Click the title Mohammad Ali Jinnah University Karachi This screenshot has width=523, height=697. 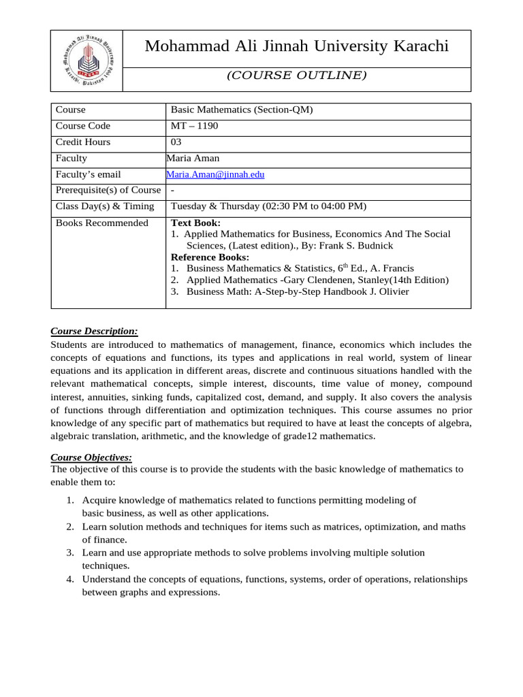coord(297,46)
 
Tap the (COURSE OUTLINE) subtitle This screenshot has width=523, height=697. coord(296,76)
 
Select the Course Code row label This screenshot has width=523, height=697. coord(82,126)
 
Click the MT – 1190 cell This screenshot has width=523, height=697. coord(194,126)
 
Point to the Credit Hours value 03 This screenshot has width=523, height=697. coord(176,142)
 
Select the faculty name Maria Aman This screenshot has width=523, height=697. coord(193,159)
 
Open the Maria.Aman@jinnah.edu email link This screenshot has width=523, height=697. coord(215,175)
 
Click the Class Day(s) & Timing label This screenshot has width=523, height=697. coord(105,207)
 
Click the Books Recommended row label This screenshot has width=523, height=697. coord(101,223)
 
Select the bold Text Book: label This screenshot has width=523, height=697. coord(195,223)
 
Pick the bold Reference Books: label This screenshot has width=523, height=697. coord(210,257)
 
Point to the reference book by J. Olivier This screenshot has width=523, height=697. coord(298,292)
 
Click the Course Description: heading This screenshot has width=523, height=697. coord(94,331)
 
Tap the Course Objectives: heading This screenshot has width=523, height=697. coord(91,457)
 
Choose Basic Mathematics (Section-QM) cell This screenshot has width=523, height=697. coord(242,110)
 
